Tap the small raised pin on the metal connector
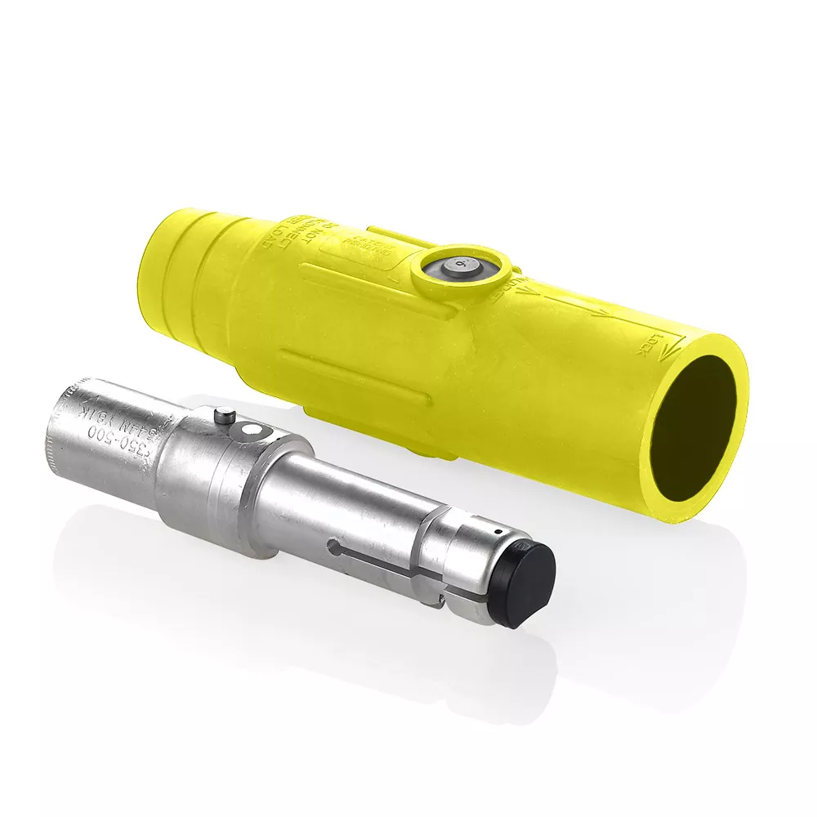click(x=224, y=417)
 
